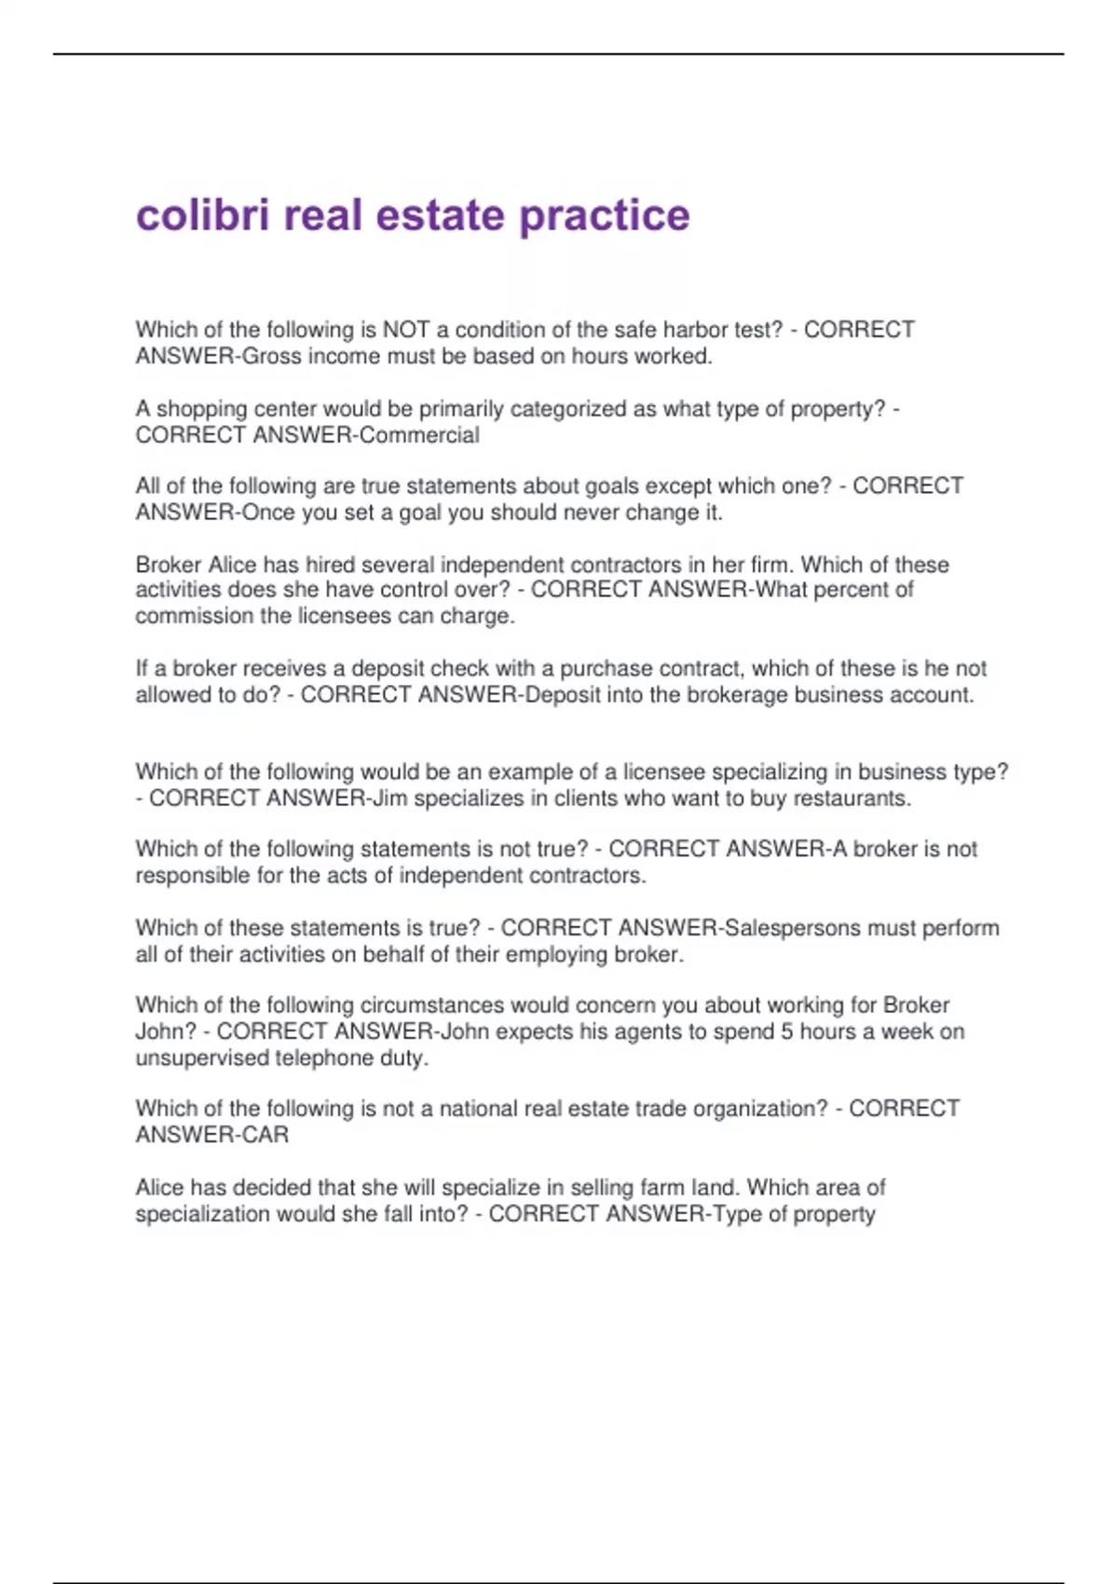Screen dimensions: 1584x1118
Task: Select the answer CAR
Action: [x=266, y=1135]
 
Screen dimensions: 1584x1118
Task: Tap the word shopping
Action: [x=198, y=409]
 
